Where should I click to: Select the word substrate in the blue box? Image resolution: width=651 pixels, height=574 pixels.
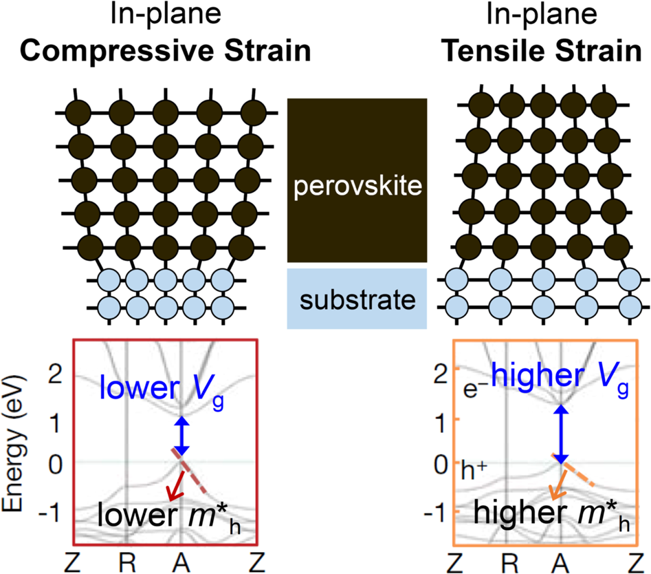pos(357,299)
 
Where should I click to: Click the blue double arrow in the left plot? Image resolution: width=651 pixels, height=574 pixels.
pos(181,436)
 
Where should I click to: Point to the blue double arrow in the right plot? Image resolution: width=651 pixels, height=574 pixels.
pos(561,434)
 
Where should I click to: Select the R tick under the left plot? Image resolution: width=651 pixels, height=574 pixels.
pos(126,560)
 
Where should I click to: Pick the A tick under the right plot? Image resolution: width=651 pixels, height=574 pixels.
pos(561,560)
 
